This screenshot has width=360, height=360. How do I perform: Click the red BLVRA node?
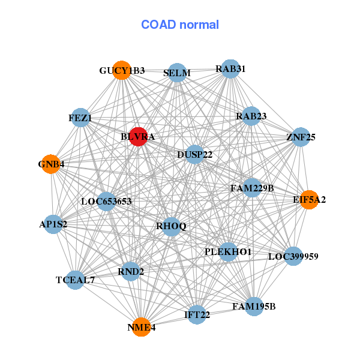click(x=138, y=137)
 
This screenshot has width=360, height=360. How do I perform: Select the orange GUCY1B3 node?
click(x=122, y=70)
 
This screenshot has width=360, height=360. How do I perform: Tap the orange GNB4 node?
click(x=51, y=164)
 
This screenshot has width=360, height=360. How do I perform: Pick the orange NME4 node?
click(x=141, y=327)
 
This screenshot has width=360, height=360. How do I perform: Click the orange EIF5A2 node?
click(x=309, y=200)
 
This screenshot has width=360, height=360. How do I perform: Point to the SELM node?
click(x=176, y=73)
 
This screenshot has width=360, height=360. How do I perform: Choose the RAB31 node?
click(x=230, y=69)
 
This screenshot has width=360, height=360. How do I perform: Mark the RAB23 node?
click(x=251, y=116)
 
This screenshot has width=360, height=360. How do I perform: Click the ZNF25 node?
click(x=301, y=137)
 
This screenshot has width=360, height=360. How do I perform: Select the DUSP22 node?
click(x=194, y=155)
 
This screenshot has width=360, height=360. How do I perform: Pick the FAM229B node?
click(x=252, y=188)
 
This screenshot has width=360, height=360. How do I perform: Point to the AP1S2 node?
click(x=53, y=224)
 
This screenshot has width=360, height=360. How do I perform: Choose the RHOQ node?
click(x=172, y=226)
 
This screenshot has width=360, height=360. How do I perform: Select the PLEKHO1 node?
click(x=228, y=251)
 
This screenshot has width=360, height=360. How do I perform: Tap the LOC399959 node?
click(x=293, y=256)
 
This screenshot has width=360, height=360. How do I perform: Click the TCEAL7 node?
click(x=75, y=280)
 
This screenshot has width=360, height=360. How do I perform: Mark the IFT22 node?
click(x=197, y=314)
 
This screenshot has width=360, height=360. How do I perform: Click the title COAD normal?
click(x=180, y=25)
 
